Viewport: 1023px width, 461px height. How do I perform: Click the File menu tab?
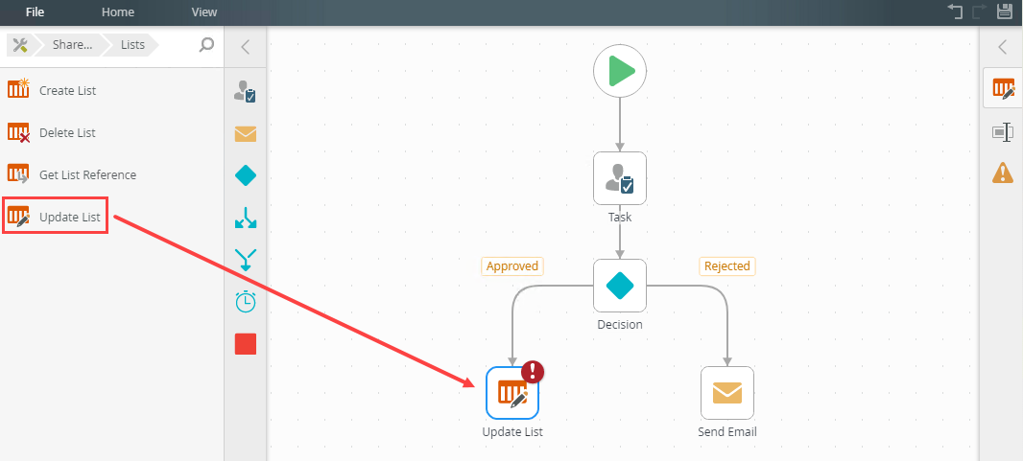35,12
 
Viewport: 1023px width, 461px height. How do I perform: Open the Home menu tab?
118,12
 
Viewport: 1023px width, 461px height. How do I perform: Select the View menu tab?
203,12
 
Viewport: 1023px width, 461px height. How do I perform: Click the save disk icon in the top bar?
1005,12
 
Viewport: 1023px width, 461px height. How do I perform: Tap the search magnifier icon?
206,44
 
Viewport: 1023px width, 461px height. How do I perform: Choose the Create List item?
67,90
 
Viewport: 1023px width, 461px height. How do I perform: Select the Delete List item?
67,132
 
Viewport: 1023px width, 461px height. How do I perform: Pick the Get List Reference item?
86,174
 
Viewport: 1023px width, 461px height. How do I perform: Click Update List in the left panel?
69,217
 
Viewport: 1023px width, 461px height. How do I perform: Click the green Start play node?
620,72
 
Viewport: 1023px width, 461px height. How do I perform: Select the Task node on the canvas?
620,178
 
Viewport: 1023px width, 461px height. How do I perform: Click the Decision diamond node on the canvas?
620,285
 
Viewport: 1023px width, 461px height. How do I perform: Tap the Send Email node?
727,393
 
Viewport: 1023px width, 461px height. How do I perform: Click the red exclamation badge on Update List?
533,372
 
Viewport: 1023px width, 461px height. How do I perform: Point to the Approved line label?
511,265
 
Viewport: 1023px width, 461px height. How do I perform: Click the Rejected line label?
726,265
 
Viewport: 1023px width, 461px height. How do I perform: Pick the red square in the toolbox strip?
246,343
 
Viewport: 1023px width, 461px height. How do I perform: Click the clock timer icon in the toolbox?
246,301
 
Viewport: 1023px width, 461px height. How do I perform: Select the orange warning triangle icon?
1003,173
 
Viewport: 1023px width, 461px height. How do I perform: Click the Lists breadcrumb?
132,44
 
